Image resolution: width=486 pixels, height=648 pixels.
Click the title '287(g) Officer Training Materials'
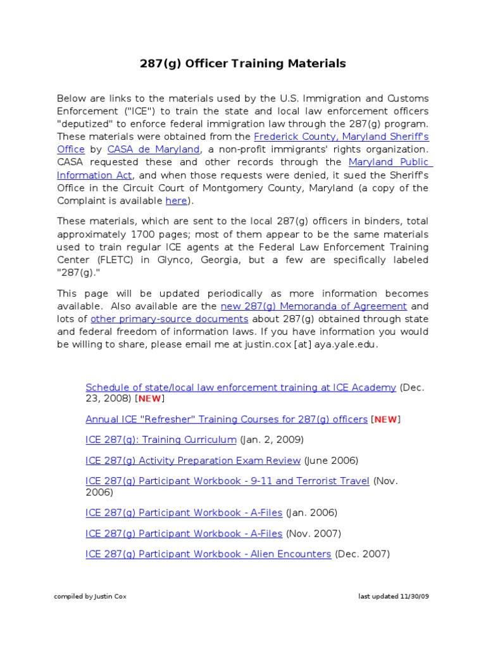(242, 63)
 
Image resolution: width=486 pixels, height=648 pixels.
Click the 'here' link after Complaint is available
(177, 201)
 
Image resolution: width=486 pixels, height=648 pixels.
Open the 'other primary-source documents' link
(170, 319)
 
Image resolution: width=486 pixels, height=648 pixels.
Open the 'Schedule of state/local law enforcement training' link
(240, 387)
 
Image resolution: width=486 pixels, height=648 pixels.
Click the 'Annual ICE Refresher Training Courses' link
(226, 419)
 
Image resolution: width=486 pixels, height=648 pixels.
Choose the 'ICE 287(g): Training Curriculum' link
(161, 439)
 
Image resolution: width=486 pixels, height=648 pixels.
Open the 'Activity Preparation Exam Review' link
(193, 460)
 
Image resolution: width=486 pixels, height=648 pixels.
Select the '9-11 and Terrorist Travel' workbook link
(227, 481)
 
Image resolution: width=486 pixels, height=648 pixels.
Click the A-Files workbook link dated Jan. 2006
(184, 513)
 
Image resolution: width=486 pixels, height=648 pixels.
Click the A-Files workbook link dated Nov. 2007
(184, 533)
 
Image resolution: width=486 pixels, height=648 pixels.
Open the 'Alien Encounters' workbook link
(208, 554)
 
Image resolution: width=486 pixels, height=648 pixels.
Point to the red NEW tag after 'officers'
(385, 419)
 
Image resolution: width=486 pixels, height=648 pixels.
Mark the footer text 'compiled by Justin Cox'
(90, 597)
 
